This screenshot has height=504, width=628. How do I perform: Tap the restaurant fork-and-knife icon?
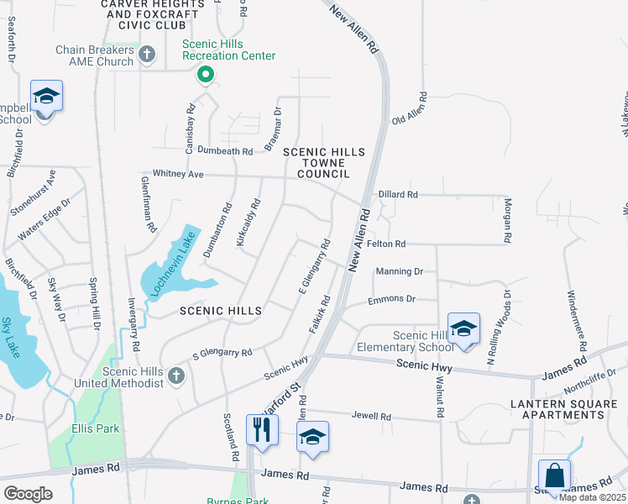pyautogui.click(x=262, y=429)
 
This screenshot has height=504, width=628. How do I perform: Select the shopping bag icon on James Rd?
pyautogui.click(x=554, y=475)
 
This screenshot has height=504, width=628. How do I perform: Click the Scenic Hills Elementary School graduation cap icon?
pyautogui.click(x=463, y=329)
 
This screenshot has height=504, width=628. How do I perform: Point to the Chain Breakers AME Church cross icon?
pyautogui.click(x=147, y=55)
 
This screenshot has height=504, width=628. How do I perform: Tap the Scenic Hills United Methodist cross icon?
pyautogui.click(x=175, y=375)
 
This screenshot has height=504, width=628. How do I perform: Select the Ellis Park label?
pyautogui.click(x=95, y=428)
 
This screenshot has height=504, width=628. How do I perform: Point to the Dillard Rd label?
pyautogui.click(x=398, y=194)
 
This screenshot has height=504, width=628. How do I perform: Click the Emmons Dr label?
pyautogui.click(x=392, y=299)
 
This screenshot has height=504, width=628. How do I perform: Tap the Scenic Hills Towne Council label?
pyautogui.click(x=324, y=162)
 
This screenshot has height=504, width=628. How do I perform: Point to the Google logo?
pyautogui.click(x=28, y=494)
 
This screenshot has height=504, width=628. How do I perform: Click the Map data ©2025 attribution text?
pyautogui.click(x=592, y=497)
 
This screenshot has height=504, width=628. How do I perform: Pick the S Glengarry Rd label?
pyautogui.click(x=222, y=354)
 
